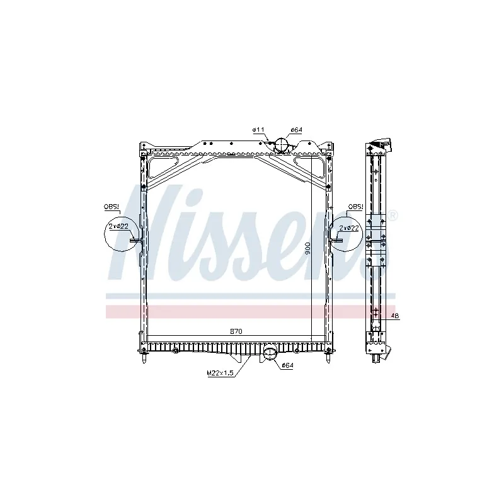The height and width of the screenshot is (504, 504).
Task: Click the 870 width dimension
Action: pos(236,331)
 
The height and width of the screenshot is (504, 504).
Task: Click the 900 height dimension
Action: pos(307,249)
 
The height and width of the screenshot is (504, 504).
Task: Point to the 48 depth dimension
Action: pos(394,317)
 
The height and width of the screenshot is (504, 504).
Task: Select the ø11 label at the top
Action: pos(258,130)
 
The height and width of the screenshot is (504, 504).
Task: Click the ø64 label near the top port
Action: pos(297,130)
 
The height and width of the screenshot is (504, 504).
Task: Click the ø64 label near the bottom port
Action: pos(287,365)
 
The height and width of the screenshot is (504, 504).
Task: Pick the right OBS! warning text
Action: pos(356,206)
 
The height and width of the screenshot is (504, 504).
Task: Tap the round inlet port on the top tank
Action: pos(281,146)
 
